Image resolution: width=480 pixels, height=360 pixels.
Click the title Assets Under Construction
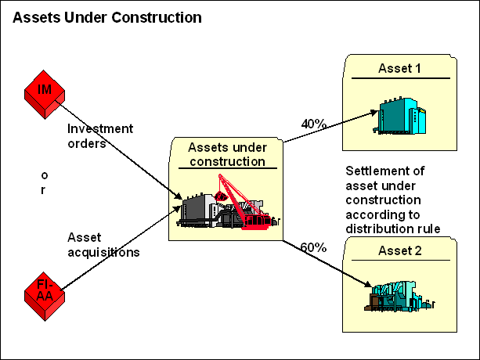tap(106, 17)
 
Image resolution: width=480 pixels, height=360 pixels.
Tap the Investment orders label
tap(99, 135)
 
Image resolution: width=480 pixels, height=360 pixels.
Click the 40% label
tap(313, 124)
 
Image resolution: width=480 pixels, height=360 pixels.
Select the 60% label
tap(313, 247)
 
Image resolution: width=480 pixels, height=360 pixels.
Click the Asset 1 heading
tap(399, 69)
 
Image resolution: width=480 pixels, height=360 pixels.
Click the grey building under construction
tap(200, 210)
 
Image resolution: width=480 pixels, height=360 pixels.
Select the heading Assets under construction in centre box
tap(226, 154)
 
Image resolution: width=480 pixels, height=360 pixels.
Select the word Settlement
tap(378, 171)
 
